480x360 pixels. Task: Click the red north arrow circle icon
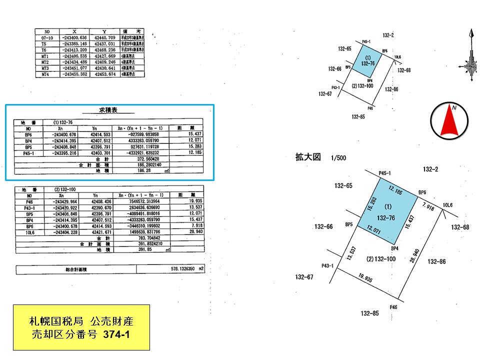449,120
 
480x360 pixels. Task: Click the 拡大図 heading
307,157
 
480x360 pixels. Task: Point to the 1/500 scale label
338,158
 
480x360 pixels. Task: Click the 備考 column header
132,31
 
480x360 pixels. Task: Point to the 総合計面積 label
76,270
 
